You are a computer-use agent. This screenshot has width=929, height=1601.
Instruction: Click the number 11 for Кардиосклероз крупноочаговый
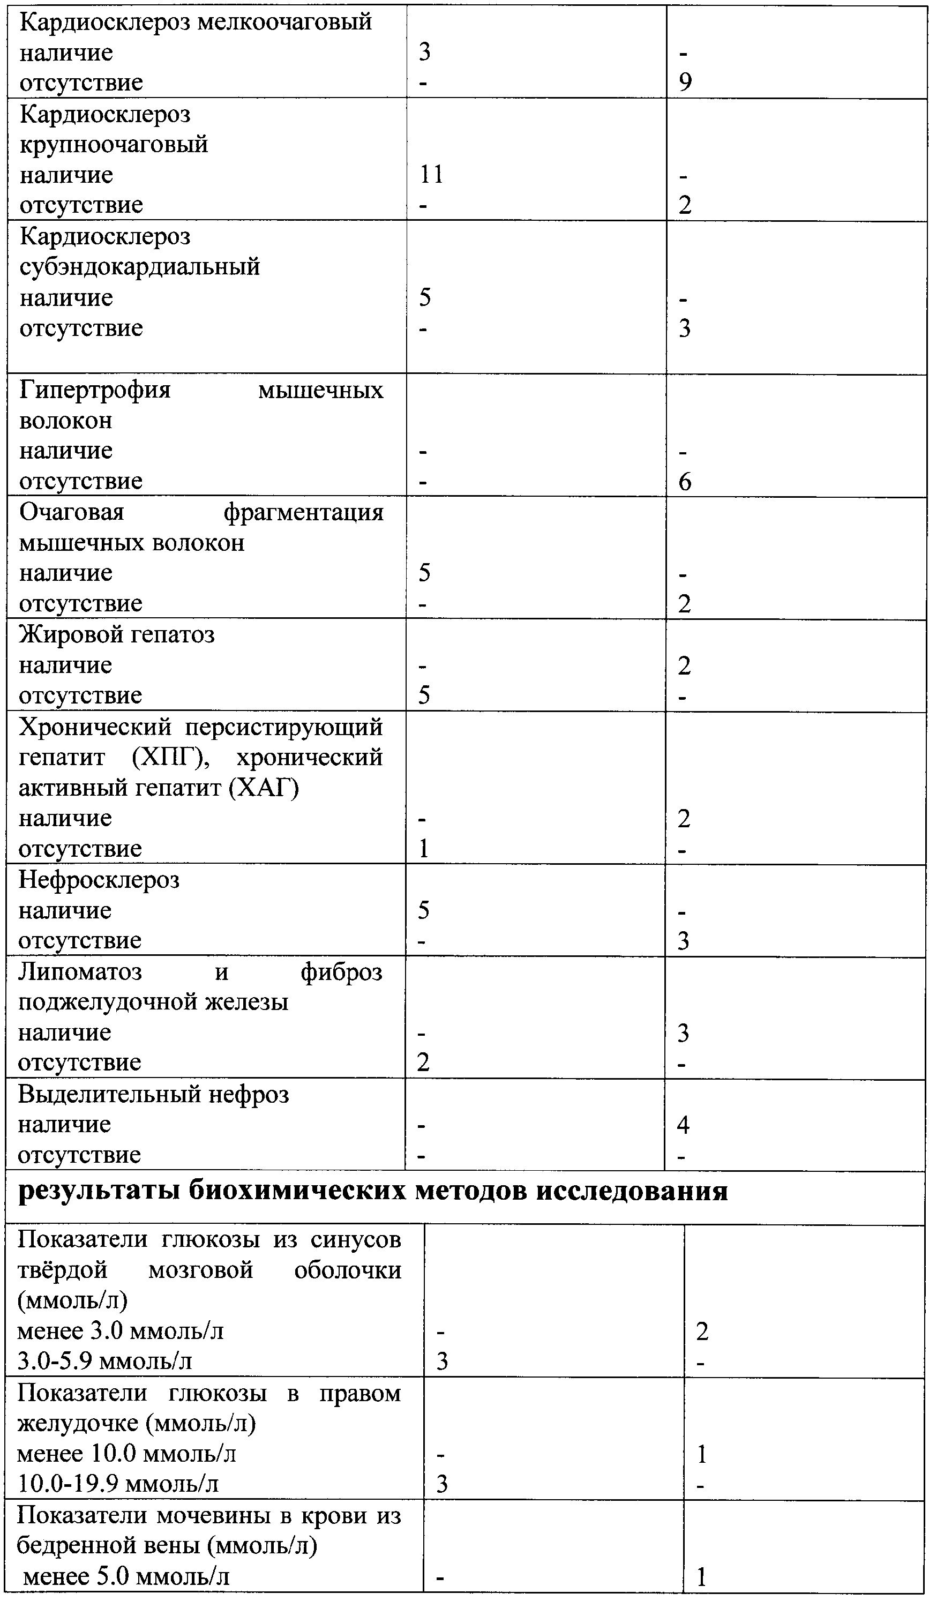(x=431, y=174)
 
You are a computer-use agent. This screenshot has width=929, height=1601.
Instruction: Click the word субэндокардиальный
(x=140, y=267)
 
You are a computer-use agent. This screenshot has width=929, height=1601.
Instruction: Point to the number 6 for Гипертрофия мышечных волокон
(x=684, y=482)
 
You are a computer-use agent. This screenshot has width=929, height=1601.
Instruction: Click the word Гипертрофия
(x=95, y=390)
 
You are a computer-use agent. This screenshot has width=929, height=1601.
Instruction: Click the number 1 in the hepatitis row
(x=423, y=849)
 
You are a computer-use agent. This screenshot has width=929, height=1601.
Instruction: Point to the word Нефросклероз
(x=99, y=880)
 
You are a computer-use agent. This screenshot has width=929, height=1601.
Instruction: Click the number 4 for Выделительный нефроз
(x=683, y=1125)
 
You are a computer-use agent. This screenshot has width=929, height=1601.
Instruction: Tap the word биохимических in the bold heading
(x=297, y=1191)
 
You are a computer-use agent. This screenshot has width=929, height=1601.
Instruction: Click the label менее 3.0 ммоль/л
(x=121, y=1330)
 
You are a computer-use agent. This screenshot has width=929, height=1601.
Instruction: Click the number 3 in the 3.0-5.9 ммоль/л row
(x=441, y=1361)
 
